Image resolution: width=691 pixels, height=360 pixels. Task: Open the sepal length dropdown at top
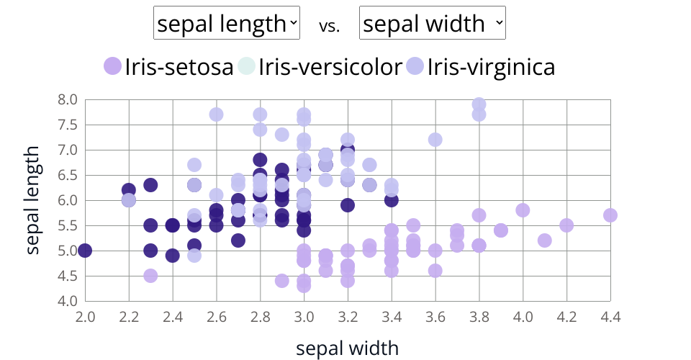pos(227,24)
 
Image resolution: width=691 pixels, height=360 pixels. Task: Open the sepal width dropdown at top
pos(433,24)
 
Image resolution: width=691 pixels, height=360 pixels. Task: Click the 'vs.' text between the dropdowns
pos(329,26)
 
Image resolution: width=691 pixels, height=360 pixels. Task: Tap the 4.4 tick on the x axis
pos(610,317)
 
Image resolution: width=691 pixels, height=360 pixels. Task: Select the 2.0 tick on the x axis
pos(85,317)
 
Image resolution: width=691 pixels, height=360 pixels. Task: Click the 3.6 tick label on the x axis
pos(435,317)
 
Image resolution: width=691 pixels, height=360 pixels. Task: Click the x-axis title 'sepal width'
pos(347,348)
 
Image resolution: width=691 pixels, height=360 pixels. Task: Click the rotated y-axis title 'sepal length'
pos(33,200)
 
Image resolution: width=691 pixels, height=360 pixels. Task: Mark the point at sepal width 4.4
pos(610,215)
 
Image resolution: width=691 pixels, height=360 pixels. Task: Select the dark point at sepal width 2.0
pos(85,251)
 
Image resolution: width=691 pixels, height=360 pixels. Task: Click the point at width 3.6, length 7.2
pos(435,140)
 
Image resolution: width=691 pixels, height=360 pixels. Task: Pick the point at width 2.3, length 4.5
pos(150,276)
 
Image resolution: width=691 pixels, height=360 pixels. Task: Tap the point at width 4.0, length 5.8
pos(523,210)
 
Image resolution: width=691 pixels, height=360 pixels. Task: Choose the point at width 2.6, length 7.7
pos(216,114)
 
